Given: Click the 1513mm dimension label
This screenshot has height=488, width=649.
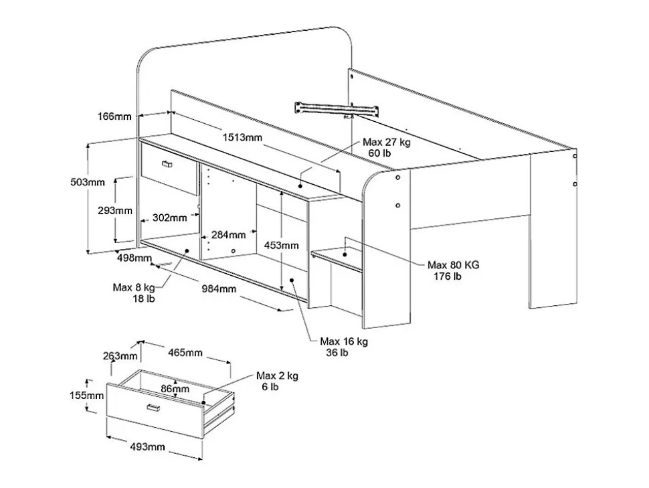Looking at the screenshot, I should (x=242, y=139).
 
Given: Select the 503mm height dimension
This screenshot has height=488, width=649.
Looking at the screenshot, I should (x=88, y=182).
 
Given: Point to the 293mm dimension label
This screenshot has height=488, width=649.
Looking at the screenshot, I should (x=114, y=210).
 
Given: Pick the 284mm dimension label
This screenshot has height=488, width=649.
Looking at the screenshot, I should (x=229, y=235).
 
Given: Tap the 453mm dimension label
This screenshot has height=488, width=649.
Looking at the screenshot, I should (x=281, y=245).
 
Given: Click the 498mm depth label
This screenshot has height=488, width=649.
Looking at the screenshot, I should (x=134, y=258).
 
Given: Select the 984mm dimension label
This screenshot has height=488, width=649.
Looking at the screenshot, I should (x=219, y=289).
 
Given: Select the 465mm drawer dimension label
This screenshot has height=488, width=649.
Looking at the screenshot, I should (x=185, y=352).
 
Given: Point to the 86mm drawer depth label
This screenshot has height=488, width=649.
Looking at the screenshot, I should (x=175, y=389).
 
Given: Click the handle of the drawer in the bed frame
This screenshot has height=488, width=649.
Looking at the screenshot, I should (x=167, y=164).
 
